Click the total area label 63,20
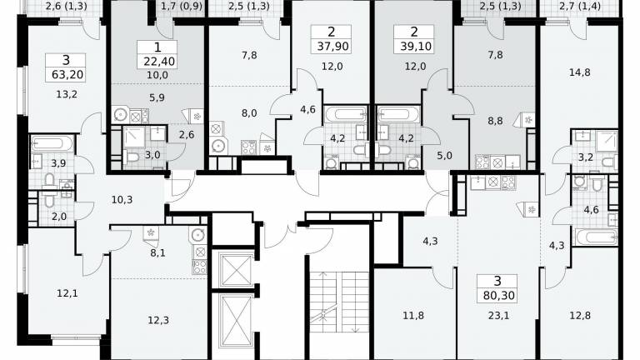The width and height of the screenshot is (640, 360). coord(67,75)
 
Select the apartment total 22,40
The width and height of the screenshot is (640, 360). coord(159,62)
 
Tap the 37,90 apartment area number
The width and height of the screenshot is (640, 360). coord(333,46)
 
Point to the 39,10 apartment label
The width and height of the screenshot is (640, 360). coord(416,46)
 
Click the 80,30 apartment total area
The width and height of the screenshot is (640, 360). coord(499,295)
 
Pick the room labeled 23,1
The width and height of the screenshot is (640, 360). coord(499,316)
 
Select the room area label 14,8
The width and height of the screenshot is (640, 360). coord(580,72)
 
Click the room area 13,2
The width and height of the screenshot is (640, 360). coord(67,94)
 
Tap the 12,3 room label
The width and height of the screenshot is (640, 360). coord(158,320)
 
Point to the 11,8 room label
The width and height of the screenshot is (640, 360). coord(413,316)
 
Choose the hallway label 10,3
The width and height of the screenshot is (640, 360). coord(122,200)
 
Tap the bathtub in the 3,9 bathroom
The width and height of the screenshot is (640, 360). coord(52,143)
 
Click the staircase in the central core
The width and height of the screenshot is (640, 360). coord(339,302)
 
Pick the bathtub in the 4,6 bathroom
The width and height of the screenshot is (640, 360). coord(596,237)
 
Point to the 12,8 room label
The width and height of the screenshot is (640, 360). coord(580,316)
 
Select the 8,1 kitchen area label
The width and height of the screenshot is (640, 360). coord(158,253)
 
